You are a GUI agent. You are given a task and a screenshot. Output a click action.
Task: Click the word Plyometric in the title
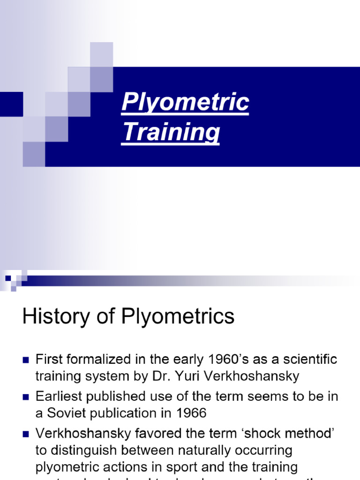(185, 103)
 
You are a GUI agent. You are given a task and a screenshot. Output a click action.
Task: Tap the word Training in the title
(171, 132)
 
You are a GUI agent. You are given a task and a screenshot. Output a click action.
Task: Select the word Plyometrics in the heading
(178, 317)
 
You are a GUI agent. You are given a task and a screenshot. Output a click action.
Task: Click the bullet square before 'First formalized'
(26, 360)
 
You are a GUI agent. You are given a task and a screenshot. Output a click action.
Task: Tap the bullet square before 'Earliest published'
(26, 397)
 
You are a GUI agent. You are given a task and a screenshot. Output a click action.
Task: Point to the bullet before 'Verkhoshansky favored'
(26, 434)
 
